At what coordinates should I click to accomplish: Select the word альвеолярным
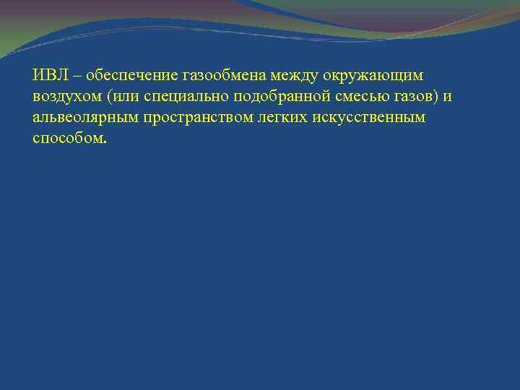pos(79,118)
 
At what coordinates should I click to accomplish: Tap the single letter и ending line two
pos(448,97)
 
